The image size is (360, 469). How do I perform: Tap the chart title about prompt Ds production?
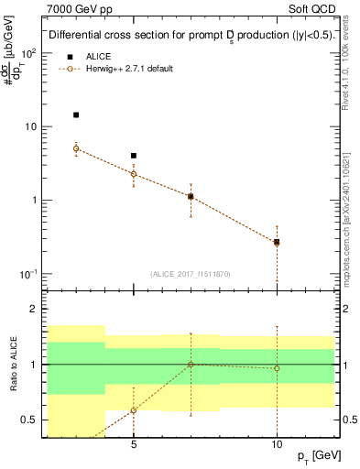191,36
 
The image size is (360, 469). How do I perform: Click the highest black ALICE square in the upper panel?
76,115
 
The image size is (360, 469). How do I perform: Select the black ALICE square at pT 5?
134,156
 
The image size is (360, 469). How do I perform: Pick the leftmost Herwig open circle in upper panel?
76,148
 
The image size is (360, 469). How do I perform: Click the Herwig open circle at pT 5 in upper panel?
134,174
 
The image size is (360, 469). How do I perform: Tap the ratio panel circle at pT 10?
277,368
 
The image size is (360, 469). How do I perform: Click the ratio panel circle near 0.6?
134,410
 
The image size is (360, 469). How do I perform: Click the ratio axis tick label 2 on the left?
35,310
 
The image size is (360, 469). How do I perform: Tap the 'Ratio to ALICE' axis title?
12,364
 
